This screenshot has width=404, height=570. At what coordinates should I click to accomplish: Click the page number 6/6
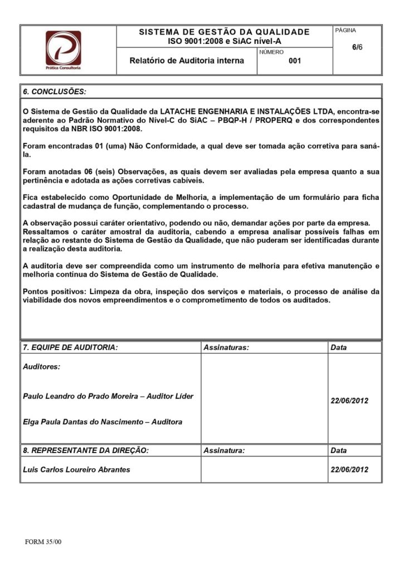pyautogui.click(x=357, y=47)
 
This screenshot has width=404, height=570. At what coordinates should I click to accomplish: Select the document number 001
pyautogui.click(x=295, y=61)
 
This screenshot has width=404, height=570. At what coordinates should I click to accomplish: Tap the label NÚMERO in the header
pyautogui.click(x=271, y=52)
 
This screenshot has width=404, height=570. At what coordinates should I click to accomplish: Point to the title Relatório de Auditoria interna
pyautogui.click(x=187, y=61)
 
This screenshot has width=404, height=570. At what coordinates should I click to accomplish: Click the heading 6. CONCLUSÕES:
pyautogui.click(x=55, y=91)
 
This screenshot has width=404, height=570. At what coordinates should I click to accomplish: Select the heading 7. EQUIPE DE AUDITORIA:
pyautogui.click(x=70, y=347)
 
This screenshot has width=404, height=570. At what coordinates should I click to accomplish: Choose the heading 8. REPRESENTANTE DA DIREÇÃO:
pyautogui.click(x=85, y=450)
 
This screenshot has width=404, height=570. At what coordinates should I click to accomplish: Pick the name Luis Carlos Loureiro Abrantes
pyautogui.click(x=76, y=469)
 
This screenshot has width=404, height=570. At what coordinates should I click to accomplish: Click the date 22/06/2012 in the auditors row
pyautogui.click(x=349, y=401)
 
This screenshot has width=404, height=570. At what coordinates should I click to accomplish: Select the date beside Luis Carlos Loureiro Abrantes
pyautogui.click(x=349, y=469)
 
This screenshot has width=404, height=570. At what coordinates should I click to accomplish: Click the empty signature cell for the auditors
pyautogui.click(x=263, y=398)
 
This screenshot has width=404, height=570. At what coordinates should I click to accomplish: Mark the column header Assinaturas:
pyautogui.click(x=226, y=347)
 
